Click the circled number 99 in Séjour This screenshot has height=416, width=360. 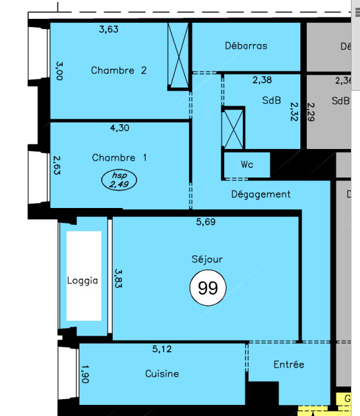(x=208, y=288)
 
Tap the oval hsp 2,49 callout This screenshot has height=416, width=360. (x=119, y=180)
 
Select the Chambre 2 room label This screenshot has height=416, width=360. (x=118, y=71)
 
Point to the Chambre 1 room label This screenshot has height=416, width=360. (x=119, y=157)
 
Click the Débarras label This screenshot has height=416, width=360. (x=246, y=45)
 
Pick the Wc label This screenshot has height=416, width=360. (x=247, y=165)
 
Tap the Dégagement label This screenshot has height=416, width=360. (x=261, y=194)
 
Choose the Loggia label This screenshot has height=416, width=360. (x=82, y=281)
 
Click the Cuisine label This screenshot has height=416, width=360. (x=162, y=373)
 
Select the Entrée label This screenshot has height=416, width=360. (x=289, y=364)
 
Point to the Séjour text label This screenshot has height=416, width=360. (x=207, y=259)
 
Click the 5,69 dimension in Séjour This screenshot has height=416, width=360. (x=206, y=222)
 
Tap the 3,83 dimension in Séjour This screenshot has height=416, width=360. (x=118, y=279)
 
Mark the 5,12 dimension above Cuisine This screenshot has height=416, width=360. (x=162, y=349)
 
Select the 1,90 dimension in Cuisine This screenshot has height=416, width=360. (x=85, y=374)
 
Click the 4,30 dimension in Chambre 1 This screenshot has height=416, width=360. (x=120, y=128)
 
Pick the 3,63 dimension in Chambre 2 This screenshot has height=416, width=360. (x=109, y=29)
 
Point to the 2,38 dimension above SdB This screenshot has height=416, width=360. (x=262, y=80)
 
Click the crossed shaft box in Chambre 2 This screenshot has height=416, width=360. (x=179, y=56)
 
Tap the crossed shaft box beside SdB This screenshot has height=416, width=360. (x=233, y=128)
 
